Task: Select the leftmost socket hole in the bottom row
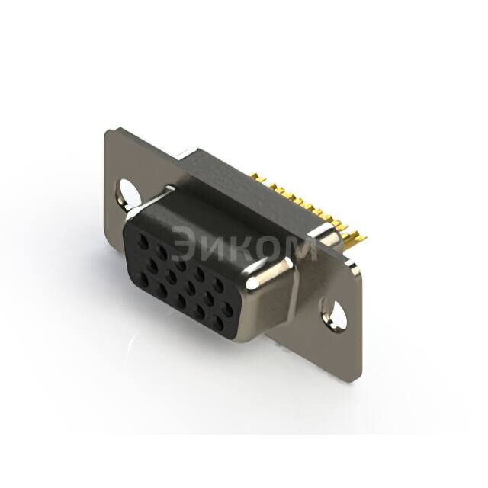pyautogui.click(x=144, y=281)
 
